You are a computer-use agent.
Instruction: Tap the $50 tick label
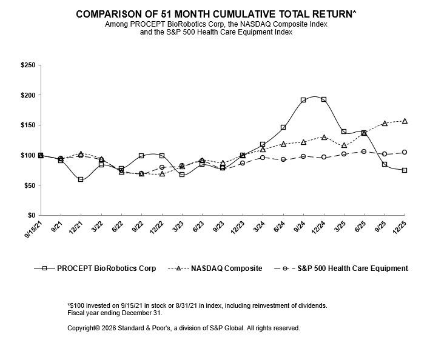pos(28,185)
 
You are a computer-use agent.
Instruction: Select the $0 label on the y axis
pos(30,215)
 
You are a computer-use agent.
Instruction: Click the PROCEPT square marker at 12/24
pos(323,99)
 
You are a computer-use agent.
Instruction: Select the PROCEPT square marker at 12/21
pos(81,179)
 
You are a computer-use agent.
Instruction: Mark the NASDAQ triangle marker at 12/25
pos(405,121)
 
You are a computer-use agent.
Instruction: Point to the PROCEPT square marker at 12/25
pos(405,170)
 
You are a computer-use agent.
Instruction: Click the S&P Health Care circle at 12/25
pos(405,152)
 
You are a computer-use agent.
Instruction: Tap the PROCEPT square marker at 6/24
pos(283,127)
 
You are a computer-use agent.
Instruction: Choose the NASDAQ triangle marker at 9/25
pos(385,124)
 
